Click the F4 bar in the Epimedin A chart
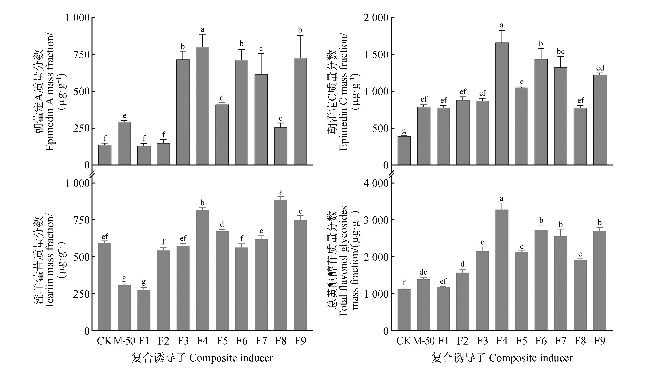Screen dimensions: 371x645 tap(202, 106)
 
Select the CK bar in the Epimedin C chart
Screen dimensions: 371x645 tap(404, 151)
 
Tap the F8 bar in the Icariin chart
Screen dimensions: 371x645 tap(281, 265)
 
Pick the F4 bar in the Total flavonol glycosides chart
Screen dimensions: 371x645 tap(502, 270)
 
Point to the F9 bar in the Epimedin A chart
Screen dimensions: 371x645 tap(300, 111)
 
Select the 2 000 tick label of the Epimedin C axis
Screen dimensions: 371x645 tap(376, 18)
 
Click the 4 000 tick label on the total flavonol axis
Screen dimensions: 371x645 tap(376, 183)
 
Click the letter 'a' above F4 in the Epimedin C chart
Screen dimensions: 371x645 tap(502, 25)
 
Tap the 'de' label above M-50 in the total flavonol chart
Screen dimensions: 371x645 tap(423, 272)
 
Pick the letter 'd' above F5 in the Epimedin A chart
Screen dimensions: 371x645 tap(222, 98)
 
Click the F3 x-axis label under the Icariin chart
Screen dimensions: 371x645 tap(183, 341)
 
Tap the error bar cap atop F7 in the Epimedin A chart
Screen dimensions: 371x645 tap(261, 54)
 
